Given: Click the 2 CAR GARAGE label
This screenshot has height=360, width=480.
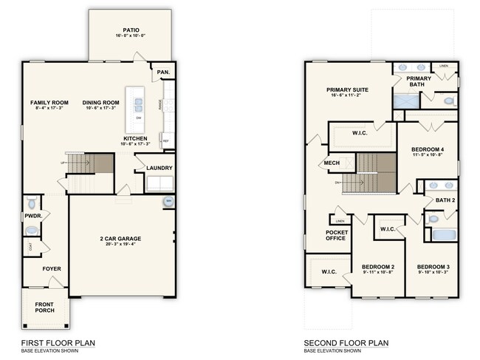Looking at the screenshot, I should pos(120,238).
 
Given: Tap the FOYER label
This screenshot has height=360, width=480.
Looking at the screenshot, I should pos(51,268).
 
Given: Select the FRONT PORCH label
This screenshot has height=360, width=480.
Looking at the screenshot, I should pos(45,310).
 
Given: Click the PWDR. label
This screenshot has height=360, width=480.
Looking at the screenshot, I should pos(31,215).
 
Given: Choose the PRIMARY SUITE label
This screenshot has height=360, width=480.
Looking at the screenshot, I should pos(347,89).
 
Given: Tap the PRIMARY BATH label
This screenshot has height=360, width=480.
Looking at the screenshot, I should pos(419,82).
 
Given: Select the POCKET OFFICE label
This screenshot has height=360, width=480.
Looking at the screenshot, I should pos(336,236).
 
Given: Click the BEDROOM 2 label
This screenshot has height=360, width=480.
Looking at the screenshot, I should pos(377,266).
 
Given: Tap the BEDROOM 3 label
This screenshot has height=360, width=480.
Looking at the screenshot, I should pos(432,266).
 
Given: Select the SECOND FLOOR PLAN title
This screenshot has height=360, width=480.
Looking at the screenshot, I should pos(345,343).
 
